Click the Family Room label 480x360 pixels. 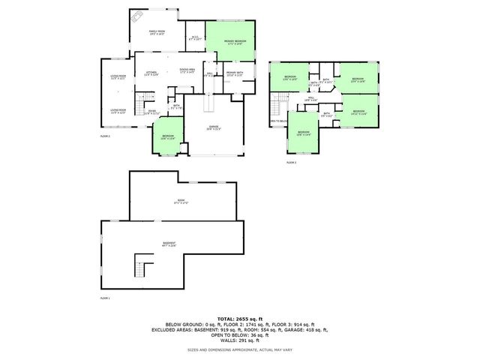tap(156, 32)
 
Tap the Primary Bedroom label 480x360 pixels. tap(235, 42)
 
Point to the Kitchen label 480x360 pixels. tap(151, 73)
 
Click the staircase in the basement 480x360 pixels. tap(142, 265)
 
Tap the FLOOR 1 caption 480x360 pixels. tap(105, 298)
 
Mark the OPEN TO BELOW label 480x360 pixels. tap(279, 121)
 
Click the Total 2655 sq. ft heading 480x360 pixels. tap(239, 319)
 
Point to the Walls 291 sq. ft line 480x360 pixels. tap(239, 340)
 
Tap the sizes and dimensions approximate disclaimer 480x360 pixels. tap(239, 350)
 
